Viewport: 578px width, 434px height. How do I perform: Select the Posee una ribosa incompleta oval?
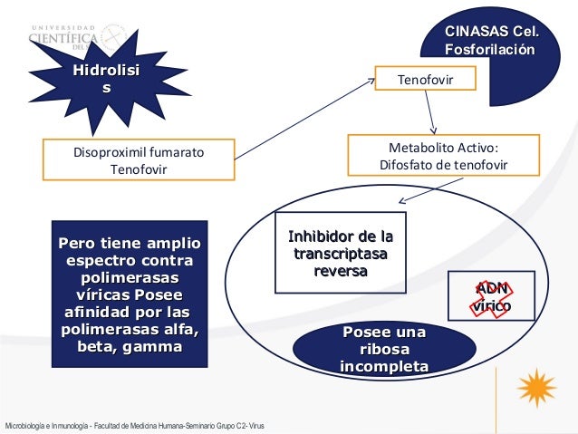(384, 350)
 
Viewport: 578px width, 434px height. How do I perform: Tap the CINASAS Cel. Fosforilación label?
(490, 41)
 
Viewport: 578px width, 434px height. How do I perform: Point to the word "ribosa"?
(384, 350)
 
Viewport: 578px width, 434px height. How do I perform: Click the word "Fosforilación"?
(490, 50)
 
